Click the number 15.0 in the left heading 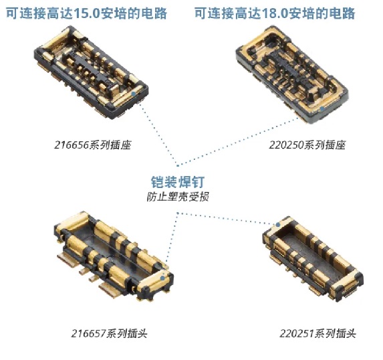[87, 13]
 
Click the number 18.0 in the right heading [275, 13]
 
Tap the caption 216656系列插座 [92, 145]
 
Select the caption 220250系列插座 [307, 145]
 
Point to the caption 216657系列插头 [110, 333]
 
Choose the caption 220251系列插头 [317, 333]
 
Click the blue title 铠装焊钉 [178, 182]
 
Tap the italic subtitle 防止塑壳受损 [178, 197]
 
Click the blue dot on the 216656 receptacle [134, 94]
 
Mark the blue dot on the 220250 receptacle [322, 108]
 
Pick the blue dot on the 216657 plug [162, 278]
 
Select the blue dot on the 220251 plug [278, 225]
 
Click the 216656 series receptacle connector [91, 72]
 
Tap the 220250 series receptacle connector [292, 74]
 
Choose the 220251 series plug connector [313, 259]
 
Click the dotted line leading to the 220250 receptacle [238, 141]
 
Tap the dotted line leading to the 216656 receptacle [158, 134]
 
